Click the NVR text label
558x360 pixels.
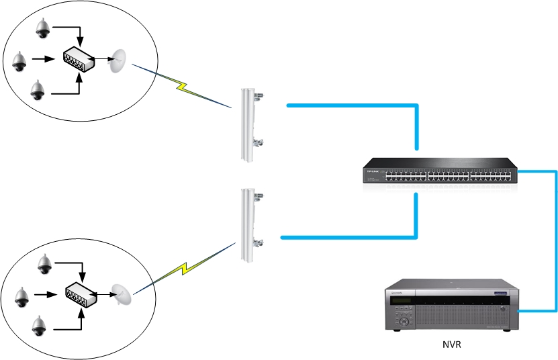click(x=451, y=345)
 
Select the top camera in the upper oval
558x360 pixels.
click(x=42, y=28)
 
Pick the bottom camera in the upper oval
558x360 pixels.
click(x=38, y=88)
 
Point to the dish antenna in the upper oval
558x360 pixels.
click(x=118, y=60)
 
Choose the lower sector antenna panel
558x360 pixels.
click(x=248, y=225)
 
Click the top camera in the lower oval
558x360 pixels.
click(x=45, y=264)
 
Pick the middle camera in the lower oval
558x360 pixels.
click(x=21, y=296)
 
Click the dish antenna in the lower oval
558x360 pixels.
click(x=122, y=294)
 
